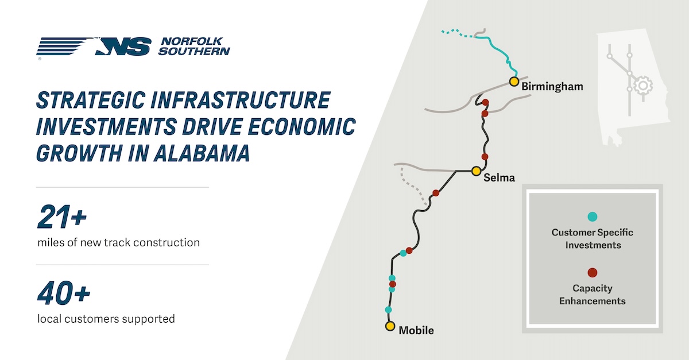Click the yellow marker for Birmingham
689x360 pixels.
[514, 82]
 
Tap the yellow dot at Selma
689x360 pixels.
[476, 171]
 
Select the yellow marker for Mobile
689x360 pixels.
[390, 326]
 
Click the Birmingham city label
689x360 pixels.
[552, 87]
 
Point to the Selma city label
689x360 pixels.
[499, 177]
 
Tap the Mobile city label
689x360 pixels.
[416, 331]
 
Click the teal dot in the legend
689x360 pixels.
[593, 216]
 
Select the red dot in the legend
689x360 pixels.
[593, 273]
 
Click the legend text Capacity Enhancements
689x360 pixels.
[593, 295]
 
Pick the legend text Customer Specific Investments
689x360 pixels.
[593, 238]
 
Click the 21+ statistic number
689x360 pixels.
[62, 217]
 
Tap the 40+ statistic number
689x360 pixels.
[64, 293]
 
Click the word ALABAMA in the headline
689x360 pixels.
[202, 153]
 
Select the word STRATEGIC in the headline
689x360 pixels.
[91, 100]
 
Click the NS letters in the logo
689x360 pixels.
[123, 47]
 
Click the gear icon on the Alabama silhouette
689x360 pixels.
[642, 85]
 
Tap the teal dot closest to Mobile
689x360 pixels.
[388, 309]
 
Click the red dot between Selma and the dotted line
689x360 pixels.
[436, 193]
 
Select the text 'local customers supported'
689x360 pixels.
[106, 319]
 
